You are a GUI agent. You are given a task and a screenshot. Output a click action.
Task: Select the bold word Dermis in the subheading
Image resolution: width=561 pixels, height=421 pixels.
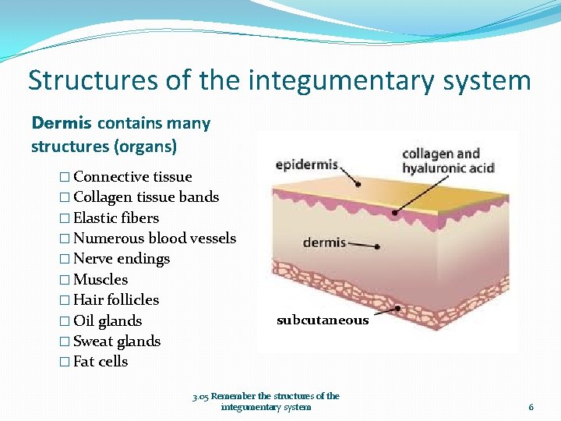click(x=62, y=123)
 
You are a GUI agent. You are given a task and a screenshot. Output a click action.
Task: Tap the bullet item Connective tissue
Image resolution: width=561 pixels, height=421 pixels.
click(x=132, y=177)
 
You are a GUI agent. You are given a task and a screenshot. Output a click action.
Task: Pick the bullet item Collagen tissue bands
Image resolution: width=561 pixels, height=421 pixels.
click(x=146, y=197)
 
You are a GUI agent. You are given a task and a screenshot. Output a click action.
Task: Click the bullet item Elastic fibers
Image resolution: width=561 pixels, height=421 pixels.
click(x=115, y=218)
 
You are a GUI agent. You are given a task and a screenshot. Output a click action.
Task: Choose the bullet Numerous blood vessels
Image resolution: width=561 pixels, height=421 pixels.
click(x=153, y=239)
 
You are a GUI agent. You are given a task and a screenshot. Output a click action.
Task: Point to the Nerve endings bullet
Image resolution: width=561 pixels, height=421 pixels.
click(x=121, y=259)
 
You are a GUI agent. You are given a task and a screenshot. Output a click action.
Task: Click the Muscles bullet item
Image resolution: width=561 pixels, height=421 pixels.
click(x=100, y=279)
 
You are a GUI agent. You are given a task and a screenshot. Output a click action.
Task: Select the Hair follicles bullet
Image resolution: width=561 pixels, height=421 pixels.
click(x=115, y=300)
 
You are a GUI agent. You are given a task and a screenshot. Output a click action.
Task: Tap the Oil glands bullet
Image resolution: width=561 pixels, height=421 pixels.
click(x=107, y=320)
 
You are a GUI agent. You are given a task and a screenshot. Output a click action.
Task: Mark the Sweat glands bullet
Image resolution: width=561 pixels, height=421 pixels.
click(x=116, y=341)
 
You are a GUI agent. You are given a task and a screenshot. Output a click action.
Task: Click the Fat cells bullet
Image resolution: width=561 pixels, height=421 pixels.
click(x=100, y=362)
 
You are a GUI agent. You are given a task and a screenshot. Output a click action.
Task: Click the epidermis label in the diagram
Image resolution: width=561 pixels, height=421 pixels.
click(x=307, y=165)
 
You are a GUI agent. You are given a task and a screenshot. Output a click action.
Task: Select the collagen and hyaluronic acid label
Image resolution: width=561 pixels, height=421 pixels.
click(x=447, y=161)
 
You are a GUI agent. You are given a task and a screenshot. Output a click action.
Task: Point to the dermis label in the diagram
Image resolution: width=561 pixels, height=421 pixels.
click(x=324, y=242)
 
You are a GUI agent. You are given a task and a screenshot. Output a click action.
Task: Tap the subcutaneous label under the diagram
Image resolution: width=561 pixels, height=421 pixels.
click(x=323, y=320)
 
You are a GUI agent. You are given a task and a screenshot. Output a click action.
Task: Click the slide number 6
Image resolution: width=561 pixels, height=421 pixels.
click(x=531, y=407)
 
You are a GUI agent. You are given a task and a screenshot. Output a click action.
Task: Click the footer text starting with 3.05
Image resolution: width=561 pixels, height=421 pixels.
click(x=266, y=401)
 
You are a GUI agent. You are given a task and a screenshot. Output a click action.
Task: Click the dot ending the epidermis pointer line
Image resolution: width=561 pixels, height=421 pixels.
click(x=358, y=184)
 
